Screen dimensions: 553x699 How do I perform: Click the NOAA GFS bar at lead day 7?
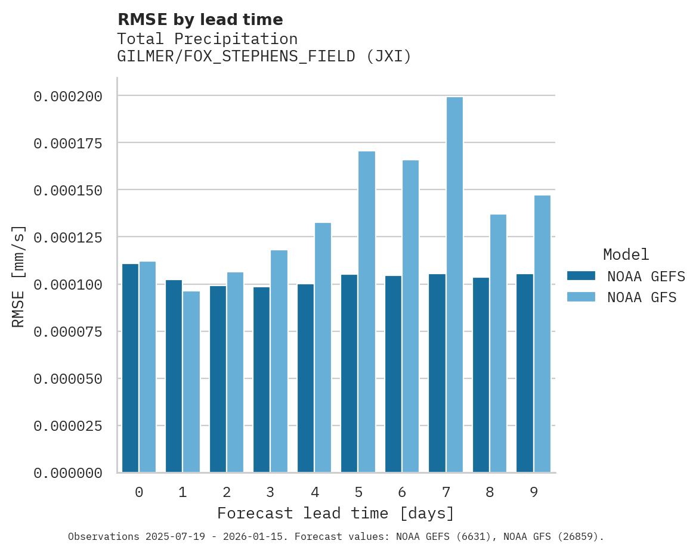pyautogui.click(x=454, y=285)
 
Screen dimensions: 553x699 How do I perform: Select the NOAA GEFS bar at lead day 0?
pyautogui.click(x=130, y=368)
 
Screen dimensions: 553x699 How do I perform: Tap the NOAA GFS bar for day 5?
pyautogui.click(x=367, y=312)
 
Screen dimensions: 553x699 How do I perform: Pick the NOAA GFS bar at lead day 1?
pyautogui.click(x=191, y=382)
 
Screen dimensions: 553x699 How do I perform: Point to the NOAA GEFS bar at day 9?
pyautogui.click(x=525, y=373)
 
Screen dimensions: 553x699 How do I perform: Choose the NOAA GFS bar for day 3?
pyautogui.click(x=279, y=361)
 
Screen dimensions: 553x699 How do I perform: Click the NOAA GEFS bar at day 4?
pyautogui.click(x=305, y=378)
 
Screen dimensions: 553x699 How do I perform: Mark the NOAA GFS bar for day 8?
pyautogui.click(x=499, y=343)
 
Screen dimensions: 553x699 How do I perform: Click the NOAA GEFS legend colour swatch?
pyautogui.click(x=581, y=276)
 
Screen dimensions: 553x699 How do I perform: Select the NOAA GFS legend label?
pyautogui.click(x=642, y=297)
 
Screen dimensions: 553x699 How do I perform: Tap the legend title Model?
pyautogui.click(x=626, y=255)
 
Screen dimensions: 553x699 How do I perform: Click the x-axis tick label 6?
pyautogui.click(x=402, y=492)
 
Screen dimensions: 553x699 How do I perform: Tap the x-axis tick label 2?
pyautogui.click(x=227, y=492)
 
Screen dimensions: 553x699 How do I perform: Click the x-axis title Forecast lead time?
pyautogui.click(x=336, y=513)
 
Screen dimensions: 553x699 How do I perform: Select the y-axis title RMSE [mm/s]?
pyautogui.click(x=18, y=276)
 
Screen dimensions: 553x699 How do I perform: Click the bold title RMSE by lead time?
pyautogui.click(x=200, y=20)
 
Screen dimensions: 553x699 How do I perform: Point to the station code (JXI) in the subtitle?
pyautogui.click(x=388, y=57)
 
